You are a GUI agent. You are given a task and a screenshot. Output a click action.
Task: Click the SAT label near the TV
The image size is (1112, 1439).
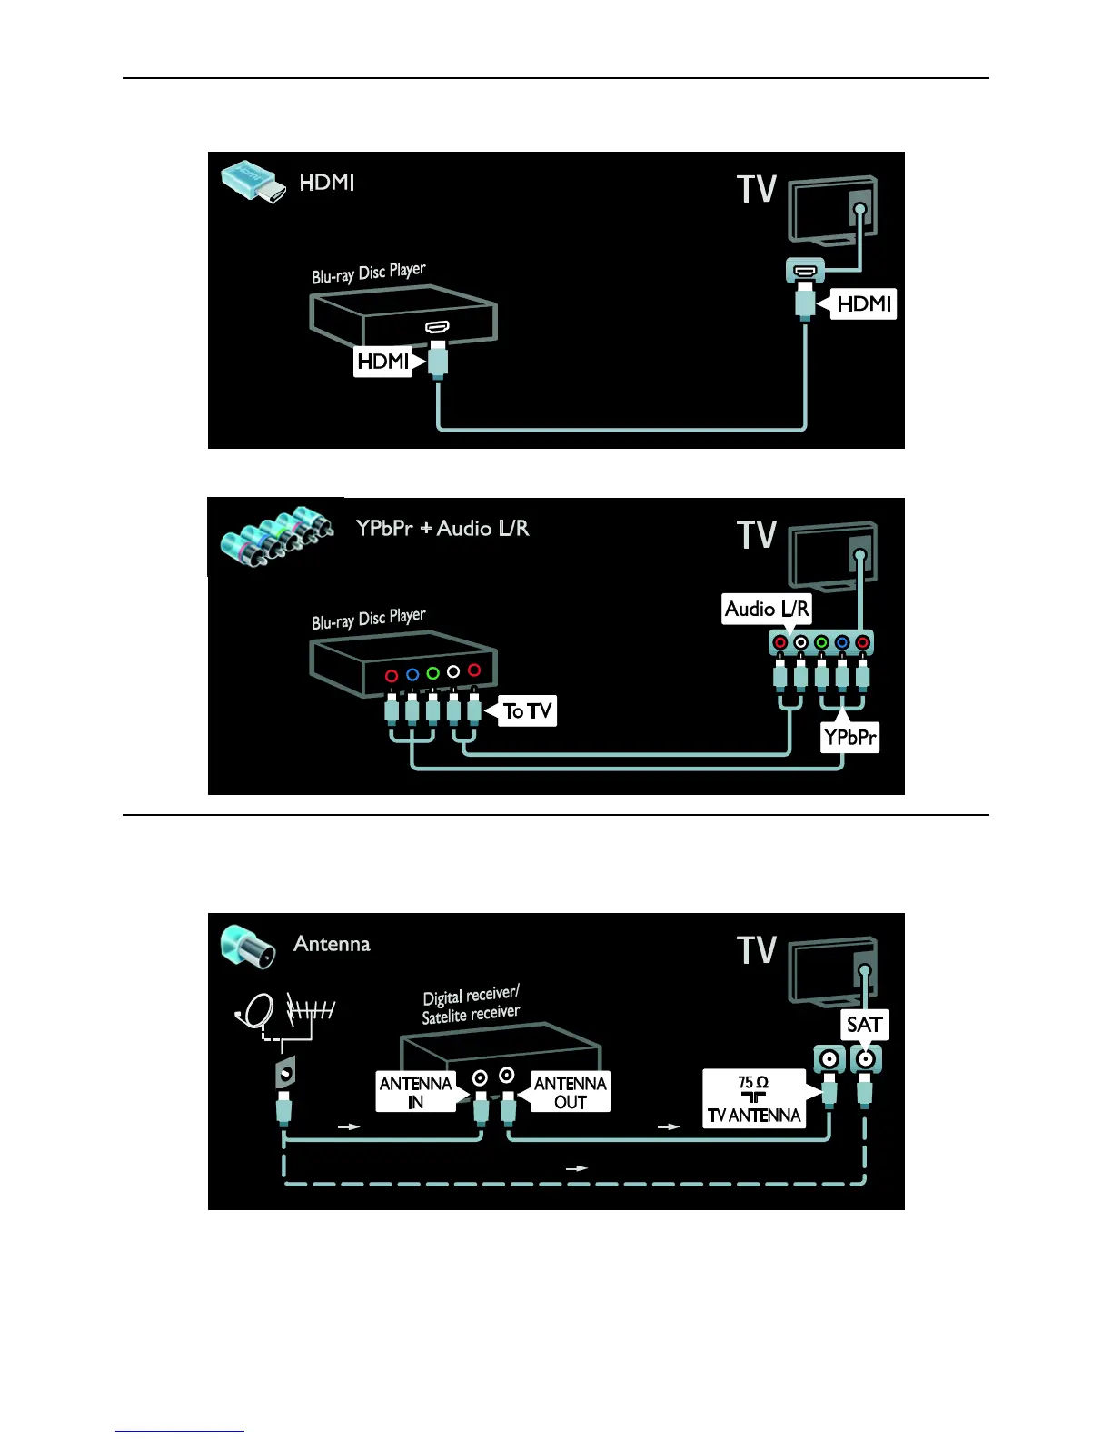(864, 1025)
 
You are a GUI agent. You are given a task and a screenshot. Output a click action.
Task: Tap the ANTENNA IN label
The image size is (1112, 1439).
(415, 1092)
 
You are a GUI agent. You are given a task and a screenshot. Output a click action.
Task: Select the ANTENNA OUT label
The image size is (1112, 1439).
(570, 1092)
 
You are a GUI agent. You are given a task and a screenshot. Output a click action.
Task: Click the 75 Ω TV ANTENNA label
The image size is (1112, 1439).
(754, 1099)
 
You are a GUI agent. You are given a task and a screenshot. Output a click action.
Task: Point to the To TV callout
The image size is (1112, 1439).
(528, 710)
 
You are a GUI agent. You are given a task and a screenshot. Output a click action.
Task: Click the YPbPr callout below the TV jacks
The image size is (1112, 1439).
(850, 737)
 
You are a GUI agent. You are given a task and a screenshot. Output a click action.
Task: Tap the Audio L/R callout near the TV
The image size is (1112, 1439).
(767, 609)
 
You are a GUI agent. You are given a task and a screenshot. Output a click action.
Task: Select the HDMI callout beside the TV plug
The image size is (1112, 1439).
(863, 303)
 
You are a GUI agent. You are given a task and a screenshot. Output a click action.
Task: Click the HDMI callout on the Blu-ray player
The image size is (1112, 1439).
(383, 362)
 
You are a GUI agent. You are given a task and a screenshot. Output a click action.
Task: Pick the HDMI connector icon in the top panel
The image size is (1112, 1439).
(252, 182)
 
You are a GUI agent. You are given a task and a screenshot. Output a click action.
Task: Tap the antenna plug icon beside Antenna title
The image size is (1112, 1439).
(247, 946)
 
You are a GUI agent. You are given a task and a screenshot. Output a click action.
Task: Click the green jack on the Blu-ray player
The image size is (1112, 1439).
(432, 673)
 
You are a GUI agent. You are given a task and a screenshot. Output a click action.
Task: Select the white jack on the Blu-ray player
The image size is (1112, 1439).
(453, 671)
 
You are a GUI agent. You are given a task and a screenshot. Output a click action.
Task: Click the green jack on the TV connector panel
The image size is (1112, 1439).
(821, 643)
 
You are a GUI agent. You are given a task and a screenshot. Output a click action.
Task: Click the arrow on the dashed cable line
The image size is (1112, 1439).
(577, 1168)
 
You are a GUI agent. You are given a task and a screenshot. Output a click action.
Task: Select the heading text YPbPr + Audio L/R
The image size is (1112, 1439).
(442, 528)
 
